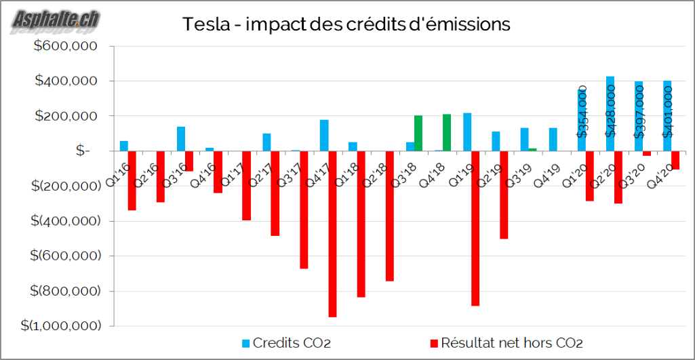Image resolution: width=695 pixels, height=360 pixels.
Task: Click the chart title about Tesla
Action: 346,25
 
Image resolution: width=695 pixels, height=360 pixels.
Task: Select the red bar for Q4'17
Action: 332,234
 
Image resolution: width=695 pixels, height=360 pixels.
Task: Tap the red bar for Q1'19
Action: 475,228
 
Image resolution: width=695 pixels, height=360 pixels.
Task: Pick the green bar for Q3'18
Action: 418,134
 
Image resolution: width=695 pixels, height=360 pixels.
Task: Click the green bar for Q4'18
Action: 447,133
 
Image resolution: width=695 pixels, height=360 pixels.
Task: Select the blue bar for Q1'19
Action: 467,132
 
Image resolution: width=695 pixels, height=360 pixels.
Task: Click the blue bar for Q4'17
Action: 324,136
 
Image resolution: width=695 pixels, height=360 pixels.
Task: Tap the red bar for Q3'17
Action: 304,209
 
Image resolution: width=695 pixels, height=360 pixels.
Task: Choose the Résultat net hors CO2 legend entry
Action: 506,342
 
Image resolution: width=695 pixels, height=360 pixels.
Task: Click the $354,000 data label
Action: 582,113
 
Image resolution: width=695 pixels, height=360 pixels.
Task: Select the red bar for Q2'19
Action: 504,195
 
